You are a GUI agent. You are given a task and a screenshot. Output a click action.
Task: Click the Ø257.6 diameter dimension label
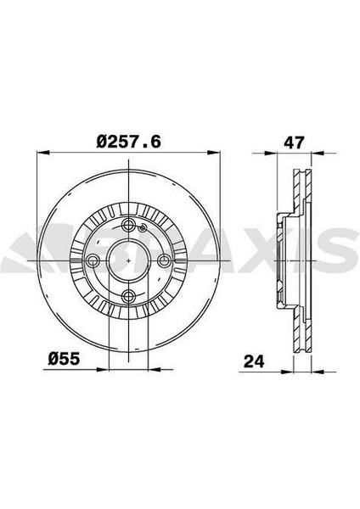129,142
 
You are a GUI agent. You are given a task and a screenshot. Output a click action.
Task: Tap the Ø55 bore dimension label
64,359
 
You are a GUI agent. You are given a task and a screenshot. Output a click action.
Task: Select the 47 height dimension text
294,143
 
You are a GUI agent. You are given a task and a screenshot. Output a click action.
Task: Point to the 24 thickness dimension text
254,361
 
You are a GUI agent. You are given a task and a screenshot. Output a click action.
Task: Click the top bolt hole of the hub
129,224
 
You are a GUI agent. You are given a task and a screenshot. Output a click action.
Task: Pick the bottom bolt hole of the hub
129,296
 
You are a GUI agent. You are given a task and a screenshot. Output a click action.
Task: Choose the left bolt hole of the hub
93,260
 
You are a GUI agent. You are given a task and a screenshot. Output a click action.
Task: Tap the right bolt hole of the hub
165,260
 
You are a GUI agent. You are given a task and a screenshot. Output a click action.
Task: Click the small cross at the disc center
129,260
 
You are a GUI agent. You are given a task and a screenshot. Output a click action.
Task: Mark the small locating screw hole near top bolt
142,228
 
